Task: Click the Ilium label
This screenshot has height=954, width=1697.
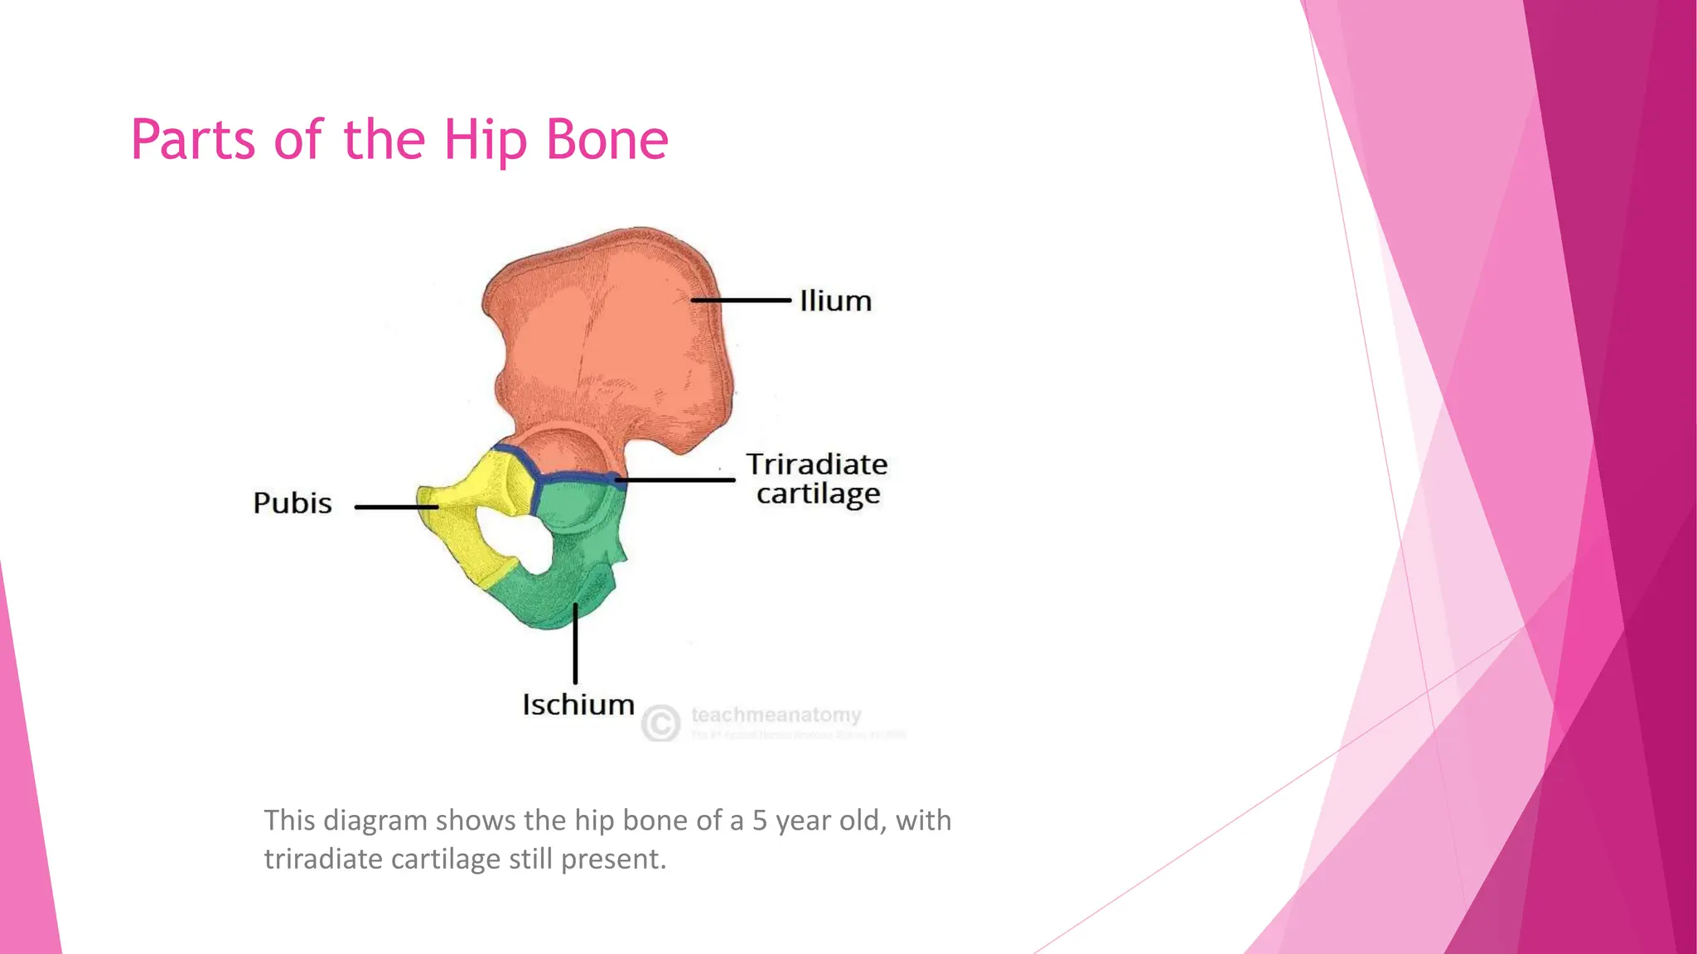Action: coord(835,301)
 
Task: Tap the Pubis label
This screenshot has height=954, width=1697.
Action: coord(293,503)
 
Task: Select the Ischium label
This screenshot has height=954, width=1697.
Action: coord(578,705)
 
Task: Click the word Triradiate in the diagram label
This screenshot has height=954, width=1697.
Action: coord(816,464)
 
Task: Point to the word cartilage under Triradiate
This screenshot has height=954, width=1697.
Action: coord(818,494)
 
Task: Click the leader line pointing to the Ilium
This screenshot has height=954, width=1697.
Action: coord(742,300)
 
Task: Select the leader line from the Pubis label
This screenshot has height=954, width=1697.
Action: coord(396,507)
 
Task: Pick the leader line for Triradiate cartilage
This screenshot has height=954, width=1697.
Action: coord(675,479)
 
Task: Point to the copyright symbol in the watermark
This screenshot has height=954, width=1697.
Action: coord(660,723)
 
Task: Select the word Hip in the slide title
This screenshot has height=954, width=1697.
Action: coord(485,140)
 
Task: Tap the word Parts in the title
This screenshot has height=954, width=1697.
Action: coord(193,140)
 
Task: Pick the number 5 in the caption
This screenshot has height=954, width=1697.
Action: coord(759,820)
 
